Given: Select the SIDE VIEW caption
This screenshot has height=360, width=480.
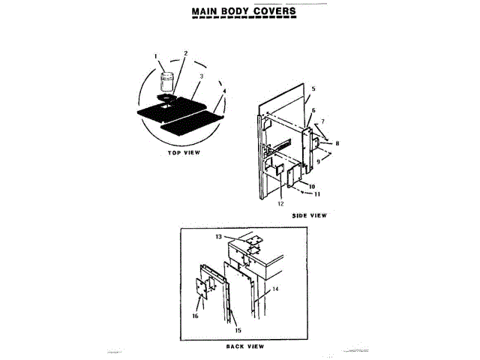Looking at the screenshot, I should pos(309,214).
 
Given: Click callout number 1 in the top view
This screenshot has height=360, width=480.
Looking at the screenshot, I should pos(156,55).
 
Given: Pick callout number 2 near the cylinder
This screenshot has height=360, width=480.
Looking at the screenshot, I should pos(185,53).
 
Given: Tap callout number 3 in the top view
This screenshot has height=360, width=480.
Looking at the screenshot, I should pos(202,76).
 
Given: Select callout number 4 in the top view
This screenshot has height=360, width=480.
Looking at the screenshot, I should pos(223,91).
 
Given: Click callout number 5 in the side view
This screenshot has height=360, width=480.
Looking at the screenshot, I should pos(313,89).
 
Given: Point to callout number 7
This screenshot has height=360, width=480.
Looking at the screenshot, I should pos(322,121).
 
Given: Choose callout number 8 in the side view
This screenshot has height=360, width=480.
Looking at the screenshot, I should pos(337,143).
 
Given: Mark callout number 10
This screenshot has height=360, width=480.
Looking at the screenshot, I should pos(311,185).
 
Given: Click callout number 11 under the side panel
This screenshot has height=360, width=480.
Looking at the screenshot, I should pos(317,193).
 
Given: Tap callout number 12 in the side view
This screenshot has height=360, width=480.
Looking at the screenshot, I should pos(280,203).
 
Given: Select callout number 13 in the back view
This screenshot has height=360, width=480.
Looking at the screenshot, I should pos(218,236).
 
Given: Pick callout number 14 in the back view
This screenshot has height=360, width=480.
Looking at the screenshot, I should pos(276,289).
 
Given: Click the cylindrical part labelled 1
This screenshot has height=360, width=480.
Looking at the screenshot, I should pos(166,80).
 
